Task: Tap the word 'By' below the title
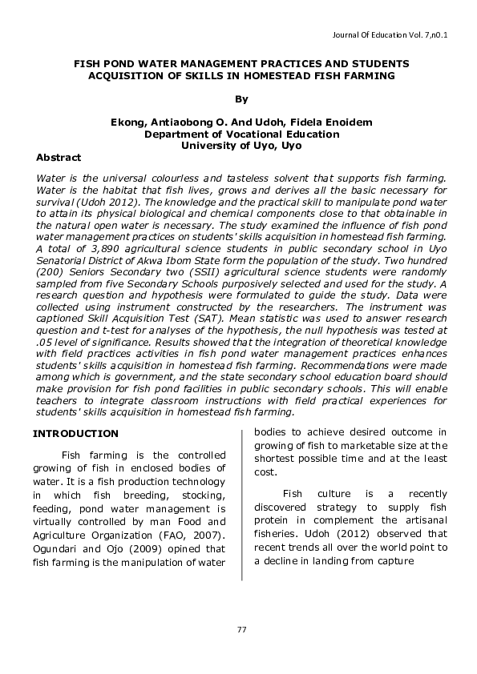(241, 98)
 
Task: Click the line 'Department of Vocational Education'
(241, 134)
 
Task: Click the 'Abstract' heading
(59, 158)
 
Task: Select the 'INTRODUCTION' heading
(75, 433)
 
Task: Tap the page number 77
(241, 629)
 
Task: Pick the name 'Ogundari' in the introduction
(54, 548)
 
